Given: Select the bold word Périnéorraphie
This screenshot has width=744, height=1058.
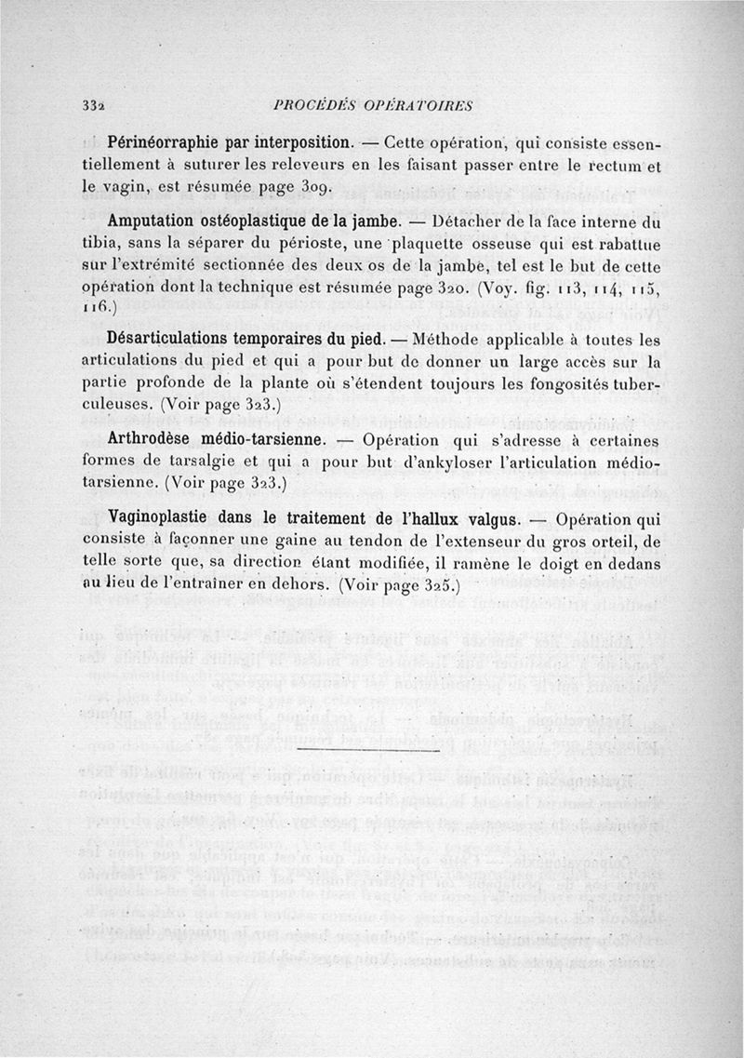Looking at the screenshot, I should tap(163, 143).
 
